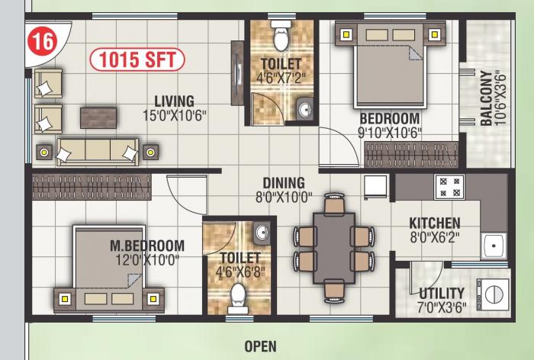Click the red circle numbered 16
pyautogui.click(x=43, y=42)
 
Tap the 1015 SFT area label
pyautogui.click(x=137, y=59)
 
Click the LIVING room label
pyautogui.click(x=175, y=101)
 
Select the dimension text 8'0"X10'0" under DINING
pyautogui.click(x=284, y=198)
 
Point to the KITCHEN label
pyautogui.click(x=435, y=223)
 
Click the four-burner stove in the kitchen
pyautogui.click(x=449, y=187)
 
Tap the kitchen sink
pyautogui.click(x=494, y=246)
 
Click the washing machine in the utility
pyautogui.click(x=493, y=294)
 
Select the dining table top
pyautogui.click(x=334, y=248)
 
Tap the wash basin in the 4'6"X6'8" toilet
pyautogui.click(x=262, y=233)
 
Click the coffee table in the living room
pyautogui.click(x=98, y=118)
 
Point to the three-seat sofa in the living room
pyautogui.click(x=98, y=152)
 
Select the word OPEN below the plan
pyautogui.click(x=261, y=347)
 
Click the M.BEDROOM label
pyautogui.click(x=147, y=246)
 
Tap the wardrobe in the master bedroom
pyautogui.click(x=92, y=187)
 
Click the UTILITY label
pyautogui.click(x=442, y=294)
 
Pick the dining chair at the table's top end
pyautogui.click(x=334, y=204)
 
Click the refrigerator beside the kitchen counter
pyautogui.click(x=376, y=187)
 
